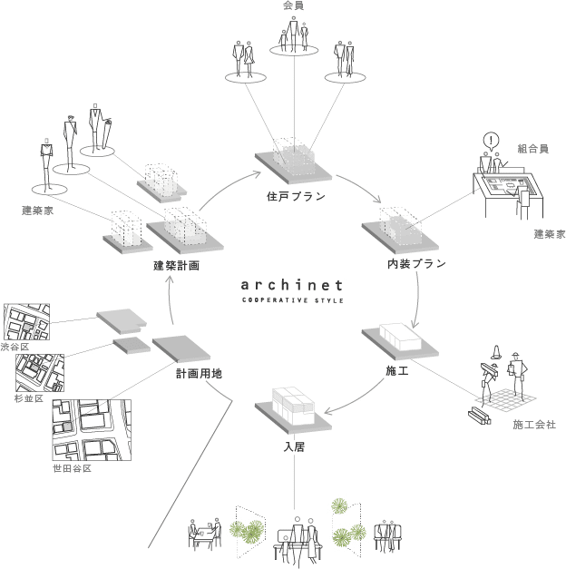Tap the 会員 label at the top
293,6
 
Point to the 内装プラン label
416,264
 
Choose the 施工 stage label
394,370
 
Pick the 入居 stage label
292,446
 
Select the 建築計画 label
176,266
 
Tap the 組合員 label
533,148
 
